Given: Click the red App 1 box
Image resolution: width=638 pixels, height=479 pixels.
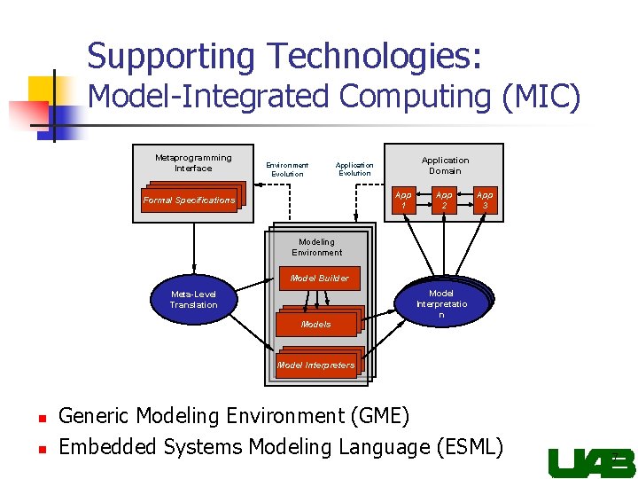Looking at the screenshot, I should (x=403, y=200).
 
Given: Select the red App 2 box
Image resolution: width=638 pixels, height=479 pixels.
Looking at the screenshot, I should (x=444, y=200).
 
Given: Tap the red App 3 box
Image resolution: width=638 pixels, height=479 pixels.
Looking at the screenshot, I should (x=484, y=200).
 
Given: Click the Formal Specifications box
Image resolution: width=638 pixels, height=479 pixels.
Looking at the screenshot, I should (x=190, y=200).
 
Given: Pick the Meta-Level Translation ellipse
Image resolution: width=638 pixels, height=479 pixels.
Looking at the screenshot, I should (x=193, y=300).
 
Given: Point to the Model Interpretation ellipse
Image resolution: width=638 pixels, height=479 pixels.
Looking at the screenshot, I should (x=441, y=304).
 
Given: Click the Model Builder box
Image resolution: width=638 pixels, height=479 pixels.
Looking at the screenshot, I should (x=321, y=279).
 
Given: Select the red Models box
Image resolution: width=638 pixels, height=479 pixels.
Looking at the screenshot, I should (x=316, y=324).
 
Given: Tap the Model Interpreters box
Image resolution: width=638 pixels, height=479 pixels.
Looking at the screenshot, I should (x=316, y=365).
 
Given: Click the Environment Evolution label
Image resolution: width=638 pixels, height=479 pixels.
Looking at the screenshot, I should (x=287, y=169).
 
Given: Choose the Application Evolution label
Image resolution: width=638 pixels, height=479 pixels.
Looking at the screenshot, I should (x=354, y=169).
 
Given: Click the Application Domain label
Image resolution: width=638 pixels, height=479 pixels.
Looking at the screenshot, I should (x=445, y=165).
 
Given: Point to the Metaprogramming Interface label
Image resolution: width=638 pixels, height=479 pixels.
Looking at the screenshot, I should (x=193, y=162).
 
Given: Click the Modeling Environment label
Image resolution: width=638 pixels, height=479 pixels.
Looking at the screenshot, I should (x=316, y=247).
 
